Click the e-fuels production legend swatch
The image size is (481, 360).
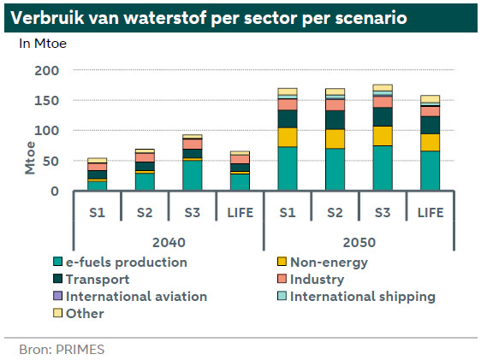pyautogui.click(x=57, y=262)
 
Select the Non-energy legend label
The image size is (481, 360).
pyautogui.click(x=329, y=263)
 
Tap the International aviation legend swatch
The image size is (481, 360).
pyautogui.click(x=57, y=296)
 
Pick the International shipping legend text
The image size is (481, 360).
pyautogui.click(x=363, y=297)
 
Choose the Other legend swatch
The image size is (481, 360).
pyautogui.click(x=57, y=313)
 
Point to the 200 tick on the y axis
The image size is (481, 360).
pyautogui.click(x=46, y=71)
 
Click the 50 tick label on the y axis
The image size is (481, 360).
pyautogui.click(x=50, y=161)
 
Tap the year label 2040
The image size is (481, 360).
pyautogui.click(x=169, y=243)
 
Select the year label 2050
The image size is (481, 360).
pyautogui.click(x=359, y=243)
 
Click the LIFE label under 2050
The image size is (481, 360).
pyautogui.click(x=431, y=213)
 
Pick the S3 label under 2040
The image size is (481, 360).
pyautogui.click(x=193, y=213)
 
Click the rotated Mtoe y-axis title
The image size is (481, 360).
pyautogui.click(x=30, y=158)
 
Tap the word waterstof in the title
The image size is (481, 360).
pyautogui.click(x=165, y=18)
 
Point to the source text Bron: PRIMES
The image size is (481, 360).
pyautogui.click(x=62, y=350)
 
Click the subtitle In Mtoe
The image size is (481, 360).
pyautogui.click(x=43, y=44)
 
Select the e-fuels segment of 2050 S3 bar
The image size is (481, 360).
pyautogui.click(x=383, y=168)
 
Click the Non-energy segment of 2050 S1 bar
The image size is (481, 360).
pyautogui.click(x=288, y=138)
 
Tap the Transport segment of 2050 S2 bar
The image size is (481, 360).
pyautogui.click(x=335, y=120)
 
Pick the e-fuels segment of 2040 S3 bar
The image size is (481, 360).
pyautogui.click(x=193, y=175)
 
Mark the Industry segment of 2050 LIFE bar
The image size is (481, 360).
pyautogui.click(x=431, y=111)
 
